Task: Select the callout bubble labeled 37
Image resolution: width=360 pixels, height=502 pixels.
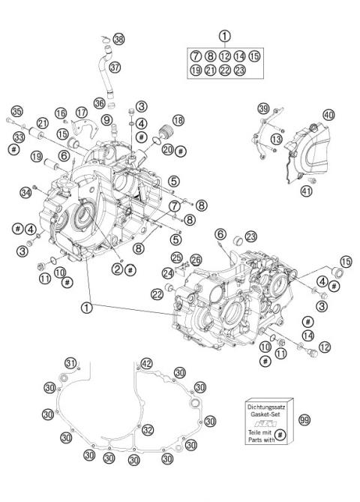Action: tap(115, 67)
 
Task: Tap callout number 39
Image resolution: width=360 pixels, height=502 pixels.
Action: tap(262, 110)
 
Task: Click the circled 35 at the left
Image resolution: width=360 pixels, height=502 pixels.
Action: tap(16, 110)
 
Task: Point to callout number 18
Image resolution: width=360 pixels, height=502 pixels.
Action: tap(178, 120)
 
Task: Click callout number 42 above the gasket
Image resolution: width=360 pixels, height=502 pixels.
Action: tap(147, 363)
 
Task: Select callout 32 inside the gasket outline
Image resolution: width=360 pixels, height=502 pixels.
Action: tap(148, 429)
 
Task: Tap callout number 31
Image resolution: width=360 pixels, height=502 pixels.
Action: tap(70, 364)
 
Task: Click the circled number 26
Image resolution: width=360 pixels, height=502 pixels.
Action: tap(195, 260)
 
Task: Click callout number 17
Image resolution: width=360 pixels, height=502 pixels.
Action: tap(82, 112)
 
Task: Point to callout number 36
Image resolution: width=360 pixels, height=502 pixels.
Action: tap(99, 104)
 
